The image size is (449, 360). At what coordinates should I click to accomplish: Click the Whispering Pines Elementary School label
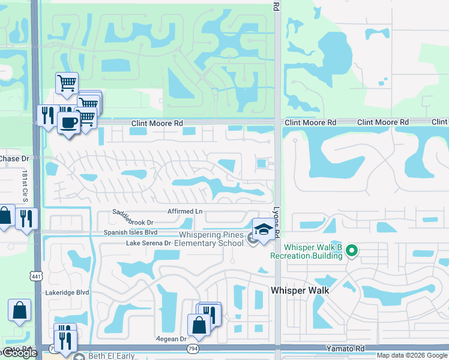tap(209, 239)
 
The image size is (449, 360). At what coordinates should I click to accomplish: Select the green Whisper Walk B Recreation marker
tap(354, 251)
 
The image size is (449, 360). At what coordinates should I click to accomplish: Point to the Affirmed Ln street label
tap(185, 211)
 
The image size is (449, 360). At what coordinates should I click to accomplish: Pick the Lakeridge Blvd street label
tap(67, 293)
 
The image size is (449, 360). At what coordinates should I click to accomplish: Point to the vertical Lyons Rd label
tap(277, 223)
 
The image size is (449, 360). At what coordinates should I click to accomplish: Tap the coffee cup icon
tap(68, 123)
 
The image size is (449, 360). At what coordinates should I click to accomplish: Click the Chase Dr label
tap(13, 159)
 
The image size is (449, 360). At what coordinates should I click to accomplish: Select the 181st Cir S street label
tap(25, 187)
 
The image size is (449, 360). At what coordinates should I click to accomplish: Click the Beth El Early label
tap(111, 356)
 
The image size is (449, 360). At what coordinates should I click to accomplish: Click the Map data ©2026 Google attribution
tap(412, 355)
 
